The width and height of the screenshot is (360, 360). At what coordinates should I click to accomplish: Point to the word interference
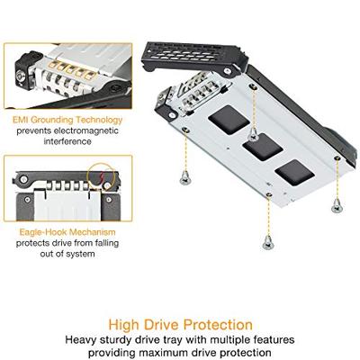coord(61,140)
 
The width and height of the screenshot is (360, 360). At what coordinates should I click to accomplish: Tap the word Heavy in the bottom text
coord(83,340)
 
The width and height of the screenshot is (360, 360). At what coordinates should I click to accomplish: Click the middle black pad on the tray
coord(260,146)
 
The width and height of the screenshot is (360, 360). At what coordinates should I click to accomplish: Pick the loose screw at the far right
coord(337,206)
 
